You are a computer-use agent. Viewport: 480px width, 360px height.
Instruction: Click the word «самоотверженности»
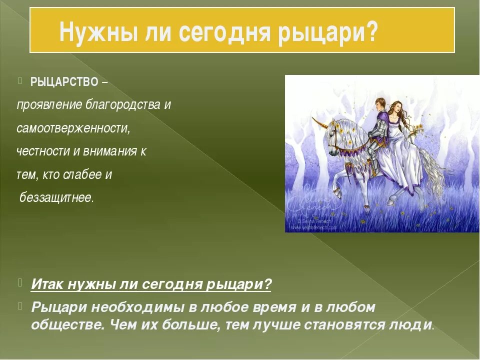click(x=73, y=128)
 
